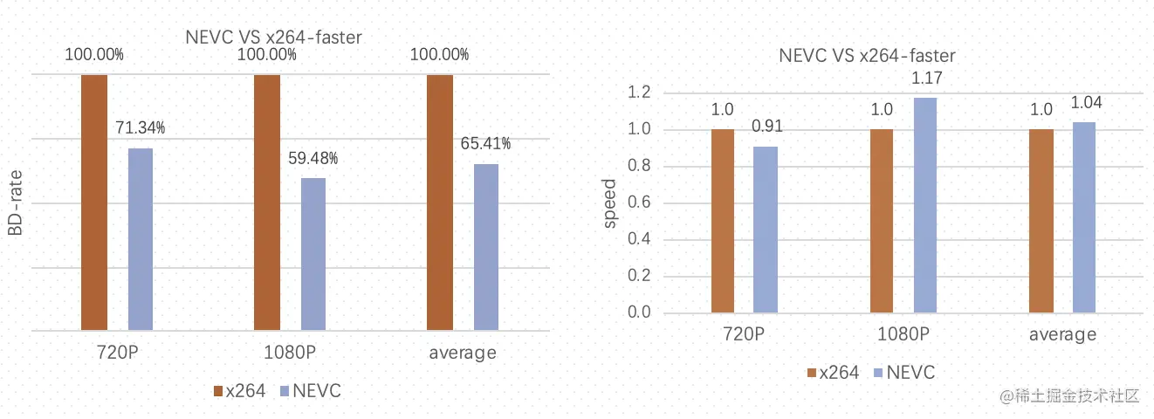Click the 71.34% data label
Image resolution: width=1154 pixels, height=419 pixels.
tap(140, 128)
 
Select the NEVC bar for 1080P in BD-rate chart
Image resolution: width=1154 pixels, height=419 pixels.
tap(313, 254)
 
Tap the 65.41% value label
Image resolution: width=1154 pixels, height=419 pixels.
tap(485, 143)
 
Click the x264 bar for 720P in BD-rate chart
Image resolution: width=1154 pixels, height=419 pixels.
tap(94, 203)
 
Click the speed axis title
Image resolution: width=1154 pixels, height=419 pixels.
tap(609, 203)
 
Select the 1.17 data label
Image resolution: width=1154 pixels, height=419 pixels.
tap(926, 79)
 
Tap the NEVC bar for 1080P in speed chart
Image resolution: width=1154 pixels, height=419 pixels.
tap(926, 205)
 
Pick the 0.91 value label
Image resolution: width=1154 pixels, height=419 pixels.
tap(766, 127)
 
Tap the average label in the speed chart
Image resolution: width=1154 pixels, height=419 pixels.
tap(1061, 334)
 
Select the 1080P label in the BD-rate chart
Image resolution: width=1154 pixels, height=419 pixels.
tap(290, 353)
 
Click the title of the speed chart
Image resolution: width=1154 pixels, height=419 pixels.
tap(867, 56)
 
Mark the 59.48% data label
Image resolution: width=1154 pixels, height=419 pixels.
tap(313, 158)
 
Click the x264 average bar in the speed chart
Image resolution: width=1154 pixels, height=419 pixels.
tap(1041, 221)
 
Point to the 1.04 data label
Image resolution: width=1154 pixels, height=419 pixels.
tap(1085, 103)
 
